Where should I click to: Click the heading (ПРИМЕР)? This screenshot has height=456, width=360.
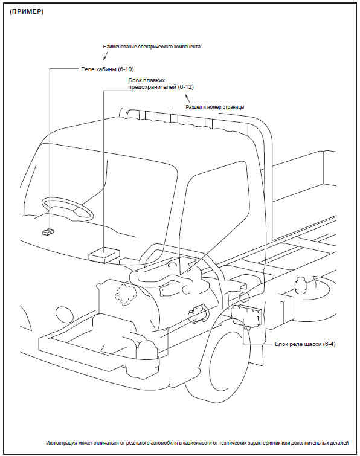click(x=27, y=12)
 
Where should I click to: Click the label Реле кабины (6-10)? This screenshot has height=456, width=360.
click(x=108, y=69)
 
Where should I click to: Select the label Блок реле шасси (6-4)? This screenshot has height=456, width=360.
click(x=305, y=344)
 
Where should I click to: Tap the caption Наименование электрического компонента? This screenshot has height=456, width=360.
click(x=152, y=47)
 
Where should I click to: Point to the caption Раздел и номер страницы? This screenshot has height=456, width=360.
click(x=215, y=107)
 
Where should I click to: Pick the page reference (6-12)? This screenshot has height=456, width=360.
click(x=186, y=86)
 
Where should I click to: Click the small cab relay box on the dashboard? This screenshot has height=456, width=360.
click(x=48, y=231)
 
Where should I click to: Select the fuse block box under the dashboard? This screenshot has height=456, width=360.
click(x=104, y=254)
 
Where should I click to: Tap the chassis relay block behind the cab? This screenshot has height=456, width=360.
click(x=247, y=314)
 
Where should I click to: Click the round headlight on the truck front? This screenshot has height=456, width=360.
click(x=64, y=315)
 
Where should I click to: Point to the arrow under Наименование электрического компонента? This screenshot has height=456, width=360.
click(x=106, y=56)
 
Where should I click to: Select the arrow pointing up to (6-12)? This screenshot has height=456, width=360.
click(x=188, y=98)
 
